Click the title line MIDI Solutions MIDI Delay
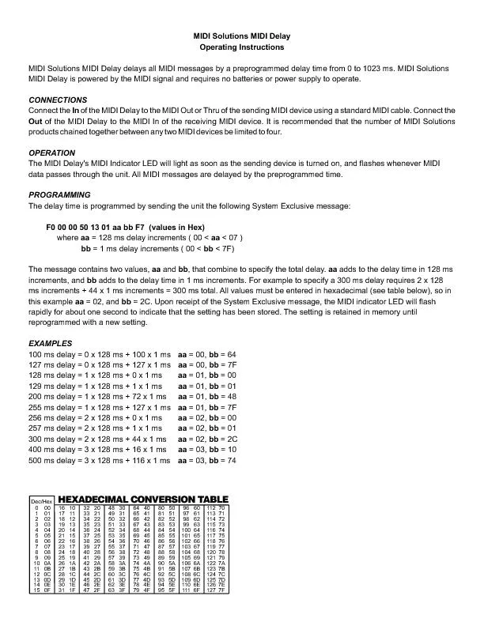241,37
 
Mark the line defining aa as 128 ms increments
150,237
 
